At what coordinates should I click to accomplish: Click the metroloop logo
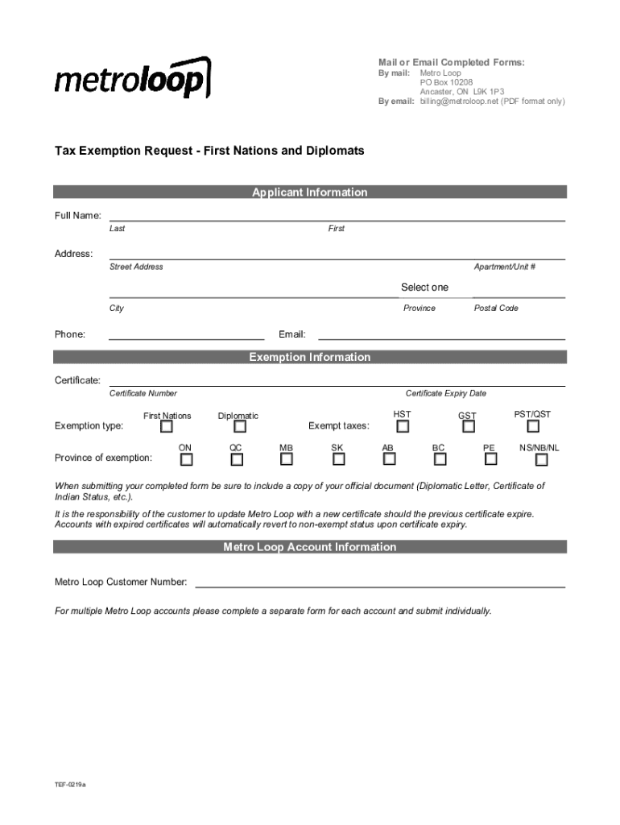[133, 78]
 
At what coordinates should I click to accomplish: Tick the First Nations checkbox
[167, 427]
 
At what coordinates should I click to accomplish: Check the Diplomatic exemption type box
[238, 427]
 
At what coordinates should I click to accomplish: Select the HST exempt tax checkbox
[403, 426]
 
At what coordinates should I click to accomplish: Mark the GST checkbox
[467, 427]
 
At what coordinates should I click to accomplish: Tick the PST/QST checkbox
[533, 426]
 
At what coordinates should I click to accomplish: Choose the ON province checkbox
[186, 460]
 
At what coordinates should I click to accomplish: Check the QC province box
[237, 460]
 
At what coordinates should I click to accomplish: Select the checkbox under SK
[338, 459]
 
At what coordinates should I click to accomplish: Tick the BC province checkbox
[440, 459]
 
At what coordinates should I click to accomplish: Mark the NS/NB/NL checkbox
[541, 460]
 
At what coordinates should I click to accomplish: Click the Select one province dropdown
[424, 288]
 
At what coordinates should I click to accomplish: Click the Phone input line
[186, 334]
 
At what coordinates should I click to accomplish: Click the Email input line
[441, 334]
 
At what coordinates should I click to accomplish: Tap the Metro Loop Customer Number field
[380, 582]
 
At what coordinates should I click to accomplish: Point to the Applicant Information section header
[310, 192]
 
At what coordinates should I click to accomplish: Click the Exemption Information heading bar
[310, 357]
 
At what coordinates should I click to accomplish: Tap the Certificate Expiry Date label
[445, 393]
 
